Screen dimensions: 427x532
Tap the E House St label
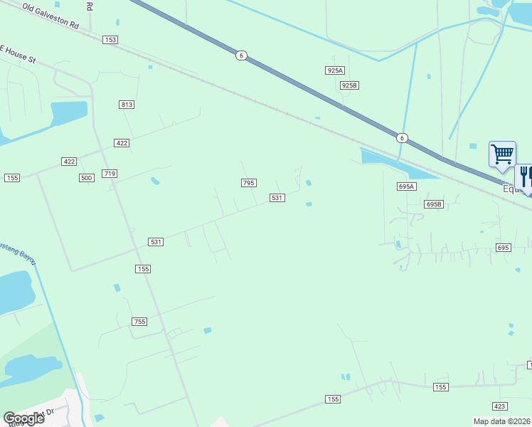click(17, 54)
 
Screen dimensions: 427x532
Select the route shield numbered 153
click(110, 40)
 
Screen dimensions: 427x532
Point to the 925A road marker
click(335, 70)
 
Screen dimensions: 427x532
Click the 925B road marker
click(349, 85)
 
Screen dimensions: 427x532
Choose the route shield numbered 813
click(127, 105)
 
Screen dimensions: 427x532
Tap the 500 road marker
click(87, 178)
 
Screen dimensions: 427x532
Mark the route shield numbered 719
click(110, 174)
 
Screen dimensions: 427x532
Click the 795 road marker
click(248, 183)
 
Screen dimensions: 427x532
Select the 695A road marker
click(406, 186)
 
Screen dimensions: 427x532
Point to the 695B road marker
click(434, 204)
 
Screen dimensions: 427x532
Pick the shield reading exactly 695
click(503, 247)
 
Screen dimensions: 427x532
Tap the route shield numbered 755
click(139, 322)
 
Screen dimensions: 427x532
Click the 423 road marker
click(499, 406)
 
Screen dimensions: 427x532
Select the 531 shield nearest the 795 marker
click(277, 198)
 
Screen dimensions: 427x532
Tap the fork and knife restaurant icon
click(526, 176)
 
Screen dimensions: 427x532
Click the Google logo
click(23, 418)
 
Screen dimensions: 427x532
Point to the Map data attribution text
click(501, 421)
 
